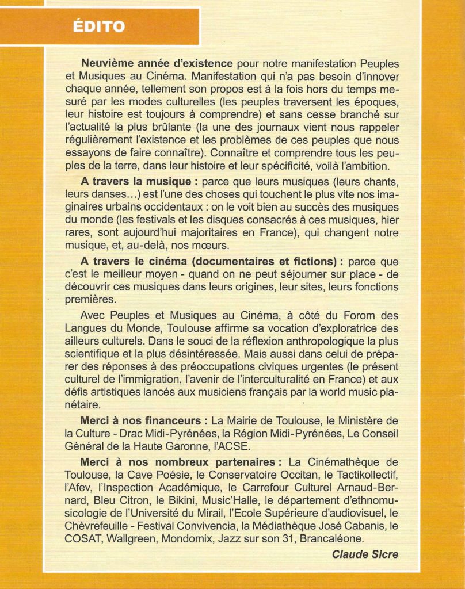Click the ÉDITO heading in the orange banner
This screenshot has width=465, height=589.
(x=100, y=26)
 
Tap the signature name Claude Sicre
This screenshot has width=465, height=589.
(x=365, y=554)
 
